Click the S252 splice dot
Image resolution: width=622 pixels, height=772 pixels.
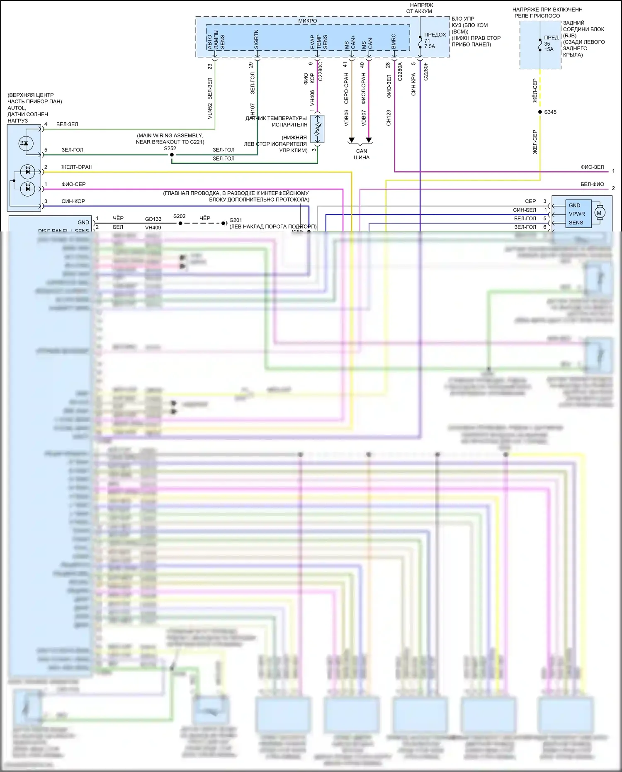(x=172, y=155)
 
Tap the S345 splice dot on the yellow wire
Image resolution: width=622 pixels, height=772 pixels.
(x=540, y=112)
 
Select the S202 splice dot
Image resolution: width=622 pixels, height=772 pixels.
(x=180, y=223)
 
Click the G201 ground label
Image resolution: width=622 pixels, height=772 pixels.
(x=236, y=220)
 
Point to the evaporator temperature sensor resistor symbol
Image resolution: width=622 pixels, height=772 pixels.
(x=318, y=129)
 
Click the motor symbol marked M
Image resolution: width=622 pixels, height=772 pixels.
(x=599, y=213)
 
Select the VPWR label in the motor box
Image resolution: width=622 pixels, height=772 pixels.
(x=577, y=214)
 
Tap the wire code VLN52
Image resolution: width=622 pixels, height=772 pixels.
(x=210, y=111)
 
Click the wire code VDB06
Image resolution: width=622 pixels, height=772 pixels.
(x=346, y=118)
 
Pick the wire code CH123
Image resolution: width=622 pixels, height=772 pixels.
(x=389, y=118)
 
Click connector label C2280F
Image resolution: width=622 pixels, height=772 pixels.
(x=425, y=71)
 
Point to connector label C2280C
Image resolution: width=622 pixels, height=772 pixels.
(x=320, y=71)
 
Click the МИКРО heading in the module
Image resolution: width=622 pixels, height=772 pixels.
(x=307, y=21)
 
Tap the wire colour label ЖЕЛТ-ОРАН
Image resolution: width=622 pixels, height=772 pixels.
(x=77, y=167)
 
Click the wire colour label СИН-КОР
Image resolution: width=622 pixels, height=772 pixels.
(x=73, y=201)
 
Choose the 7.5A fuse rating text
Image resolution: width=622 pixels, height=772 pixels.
(x=430, y=46)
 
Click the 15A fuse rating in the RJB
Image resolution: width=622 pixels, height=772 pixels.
(x=549, y=49)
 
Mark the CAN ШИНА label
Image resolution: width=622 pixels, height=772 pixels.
(x=362, y=154)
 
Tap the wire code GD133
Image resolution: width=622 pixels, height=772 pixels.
(x=153, y=219)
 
